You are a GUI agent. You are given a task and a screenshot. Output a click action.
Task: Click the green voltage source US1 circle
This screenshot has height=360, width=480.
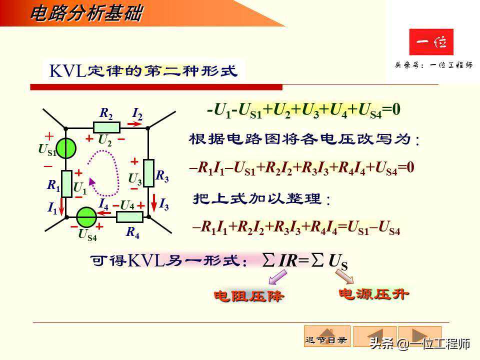(66, 148)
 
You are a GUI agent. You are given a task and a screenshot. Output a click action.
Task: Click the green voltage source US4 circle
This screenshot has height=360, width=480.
(86, 217)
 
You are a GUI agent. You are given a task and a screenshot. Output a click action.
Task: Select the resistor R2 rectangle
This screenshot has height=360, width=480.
(106, 127)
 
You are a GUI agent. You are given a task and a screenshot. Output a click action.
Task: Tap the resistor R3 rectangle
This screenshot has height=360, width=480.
(149, 173)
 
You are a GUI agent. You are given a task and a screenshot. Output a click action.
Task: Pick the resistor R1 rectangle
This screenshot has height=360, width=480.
(66, 183)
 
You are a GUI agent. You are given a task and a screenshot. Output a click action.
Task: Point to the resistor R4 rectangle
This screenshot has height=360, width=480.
(129, 216)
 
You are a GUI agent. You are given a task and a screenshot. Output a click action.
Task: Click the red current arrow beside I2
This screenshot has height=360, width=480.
(134, 124)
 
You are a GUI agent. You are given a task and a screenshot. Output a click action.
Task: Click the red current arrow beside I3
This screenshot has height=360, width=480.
(154, 202)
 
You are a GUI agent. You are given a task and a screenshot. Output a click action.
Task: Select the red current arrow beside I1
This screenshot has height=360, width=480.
(61, 206)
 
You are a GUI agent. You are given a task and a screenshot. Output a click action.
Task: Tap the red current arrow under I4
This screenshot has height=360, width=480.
(104, 212)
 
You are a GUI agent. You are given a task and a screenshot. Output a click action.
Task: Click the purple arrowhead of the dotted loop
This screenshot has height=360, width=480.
(91, 181)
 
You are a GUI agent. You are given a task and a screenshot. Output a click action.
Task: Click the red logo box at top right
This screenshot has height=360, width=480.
(431, 42)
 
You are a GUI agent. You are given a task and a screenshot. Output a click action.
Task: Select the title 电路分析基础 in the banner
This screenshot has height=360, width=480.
(86, 13)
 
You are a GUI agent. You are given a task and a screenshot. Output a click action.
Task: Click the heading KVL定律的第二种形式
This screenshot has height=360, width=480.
(143, 71)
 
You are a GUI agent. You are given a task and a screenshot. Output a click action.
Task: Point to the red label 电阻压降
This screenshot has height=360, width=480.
(248, 296)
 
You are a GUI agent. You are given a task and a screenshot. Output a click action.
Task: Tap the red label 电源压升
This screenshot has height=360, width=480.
(374, 294)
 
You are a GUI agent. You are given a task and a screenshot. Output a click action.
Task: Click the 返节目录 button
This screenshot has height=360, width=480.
(327, 336)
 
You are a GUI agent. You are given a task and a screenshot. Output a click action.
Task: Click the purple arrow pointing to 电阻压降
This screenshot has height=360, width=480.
(277, 277)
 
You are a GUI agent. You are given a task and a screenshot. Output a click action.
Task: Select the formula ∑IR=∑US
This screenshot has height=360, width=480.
(305, 261)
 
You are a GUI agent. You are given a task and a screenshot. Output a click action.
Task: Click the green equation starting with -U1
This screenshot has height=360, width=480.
(303, 110)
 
